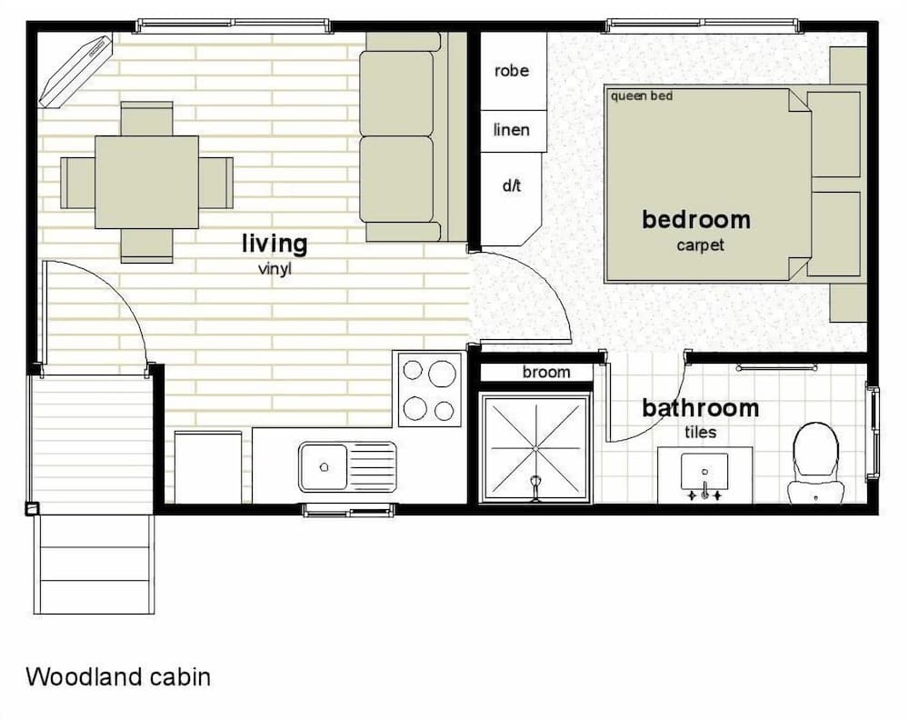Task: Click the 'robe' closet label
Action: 511,71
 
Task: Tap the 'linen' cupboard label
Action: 511,130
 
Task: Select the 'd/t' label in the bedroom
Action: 511,186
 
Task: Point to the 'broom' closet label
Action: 546,372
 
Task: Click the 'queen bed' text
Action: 642,95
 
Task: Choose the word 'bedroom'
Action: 696,219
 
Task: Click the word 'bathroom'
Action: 700,408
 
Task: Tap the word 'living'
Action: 275,244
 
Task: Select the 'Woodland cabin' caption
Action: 118,677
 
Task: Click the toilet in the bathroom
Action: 815,459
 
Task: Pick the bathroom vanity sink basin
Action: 704,471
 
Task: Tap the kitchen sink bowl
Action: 324,466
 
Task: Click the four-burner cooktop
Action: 429,390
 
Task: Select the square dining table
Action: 146,182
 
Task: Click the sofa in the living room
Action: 400,136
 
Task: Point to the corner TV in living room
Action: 75,70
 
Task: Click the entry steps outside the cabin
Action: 94,564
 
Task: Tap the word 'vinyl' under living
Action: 275,269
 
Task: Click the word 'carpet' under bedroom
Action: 700,245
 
